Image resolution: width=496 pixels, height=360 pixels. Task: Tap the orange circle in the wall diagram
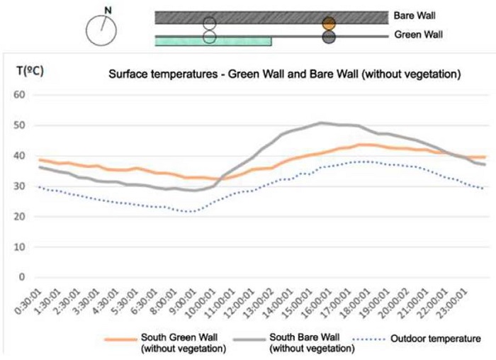pos(328,23)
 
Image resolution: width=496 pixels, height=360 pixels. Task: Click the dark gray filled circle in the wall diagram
pos(328,37)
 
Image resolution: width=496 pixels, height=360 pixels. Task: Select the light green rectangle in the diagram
pos(213,42)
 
